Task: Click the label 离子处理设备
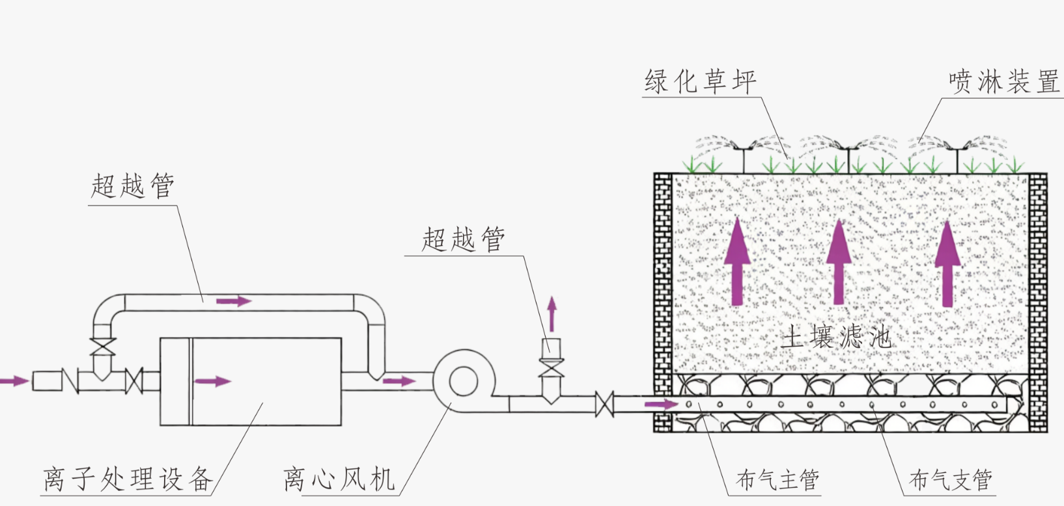pos(128,479)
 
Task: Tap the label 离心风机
pos(339,479)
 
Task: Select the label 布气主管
pos(777,480)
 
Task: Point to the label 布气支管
pos(950,480)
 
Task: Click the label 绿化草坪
pos(700,82)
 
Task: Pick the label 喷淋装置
pos(1003,82)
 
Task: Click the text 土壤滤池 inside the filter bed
pos(836,337)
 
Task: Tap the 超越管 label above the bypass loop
pos(133,186)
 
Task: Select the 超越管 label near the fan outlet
pos(463,239)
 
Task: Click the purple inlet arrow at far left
pos(14,380)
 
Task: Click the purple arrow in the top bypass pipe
pos(233,300)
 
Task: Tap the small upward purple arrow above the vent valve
pos(552,314)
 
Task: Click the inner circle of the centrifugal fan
pos(463,380)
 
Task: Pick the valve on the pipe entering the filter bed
pos(604,405)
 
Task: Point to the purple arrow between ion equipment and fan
pos(399,380)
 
